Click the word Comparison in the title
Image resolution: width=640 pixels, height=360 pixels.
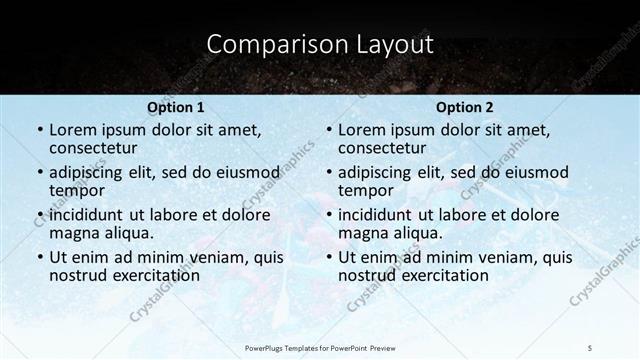[x=264, y=44]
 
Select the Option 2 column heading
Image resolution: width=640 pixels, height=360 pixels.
[x=465, y=107]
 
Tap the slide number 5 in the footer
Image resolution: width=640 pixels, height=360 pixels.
[x=590, y=347]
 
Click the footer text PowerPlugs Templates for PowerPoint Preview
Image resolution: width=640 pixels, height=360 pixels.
[x=320, y=347]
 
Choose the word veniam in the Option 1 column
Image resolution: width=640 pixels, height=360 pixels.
[x=203, y=257]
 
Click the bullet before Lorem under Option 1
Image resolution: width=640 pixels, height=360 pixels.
[x=39, y=130]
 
